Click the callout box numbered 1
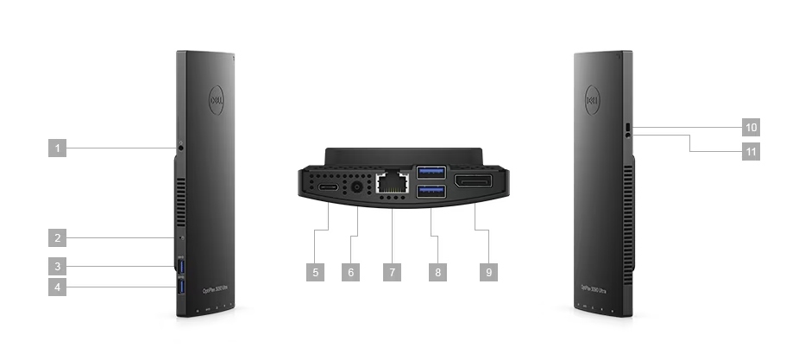(58, 148)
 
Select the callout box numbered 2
(58, 237)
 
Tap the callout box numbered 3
(58, 266)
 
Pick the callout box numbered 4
(58, 287)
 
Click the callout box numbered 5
(316, 271)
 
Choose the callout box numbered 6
(350, 271)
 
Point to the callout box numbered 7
(392, 271)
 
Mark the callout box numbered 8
(438, 271)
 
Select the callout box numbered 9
(488, 271)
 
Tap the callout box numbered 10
(751, 128)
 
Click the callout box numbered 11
(751, 150)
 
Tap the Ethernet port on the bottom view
(392, 182)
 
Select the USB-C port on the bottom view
(330, 186)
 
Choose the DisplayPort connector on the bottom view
(474, 181)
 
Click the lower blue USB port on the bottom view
(431, 192)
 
